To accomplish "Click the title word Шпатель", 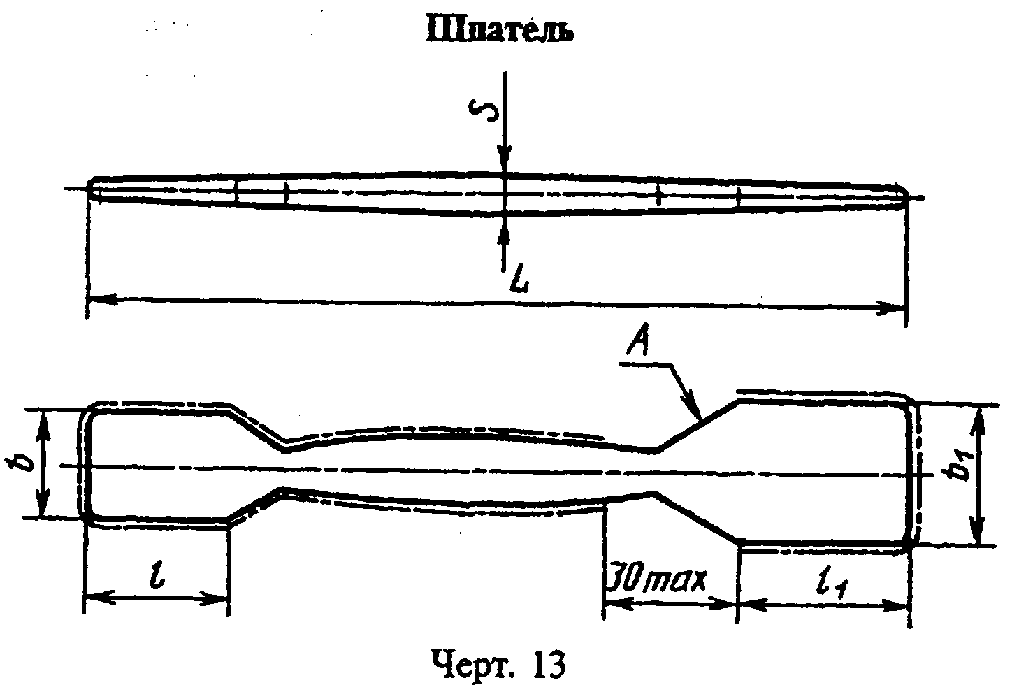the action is (x=500, y=31).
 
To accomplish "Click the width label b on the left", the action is (x=20, y=463).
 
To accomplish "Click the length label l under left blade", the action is (x=158, y=573).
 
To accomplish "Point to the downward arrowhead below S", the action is (x=504, y=161).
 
